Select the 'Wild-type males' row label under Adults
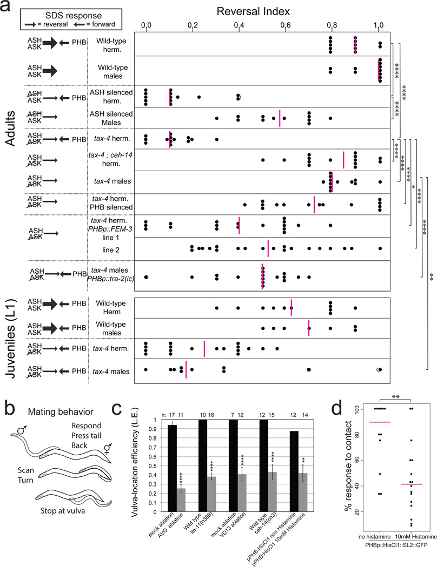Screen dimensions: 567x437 tap(110, 70)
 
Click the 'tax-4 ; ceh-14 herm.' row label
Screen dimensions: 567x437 tap(111, 159)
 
